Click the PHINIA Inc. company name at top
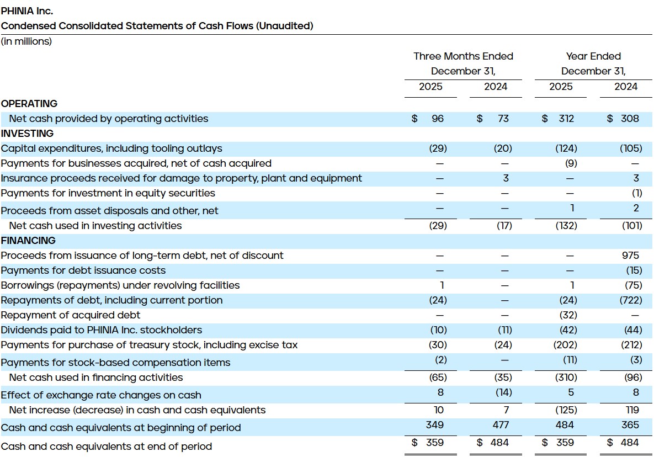pos(27,10)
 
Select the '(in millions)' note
pos(26,41)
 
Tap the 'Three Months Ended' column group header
pos(463,56)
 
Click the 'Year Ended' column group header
pos(593,56)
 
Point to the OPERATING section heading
pos(29,104)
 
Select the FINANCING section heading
pos(28,241)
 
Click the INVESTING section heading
pos(28,134)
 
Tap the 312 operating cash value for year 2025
pos(566,119)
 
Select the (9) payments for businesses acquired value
pos(571,163)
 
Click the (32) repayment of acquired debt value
pos(568,315)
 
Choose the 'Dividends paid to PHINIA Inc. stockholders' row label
pos(102,330)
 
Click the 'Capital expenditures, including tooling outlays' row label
pos(111,148)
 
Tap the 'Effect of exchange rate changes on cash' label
pos(101,395)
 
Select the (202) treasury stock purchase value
pos(566,345)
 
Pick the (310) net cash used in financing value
pos(566,378)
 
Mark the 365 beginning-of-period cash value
pos(630,425)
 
